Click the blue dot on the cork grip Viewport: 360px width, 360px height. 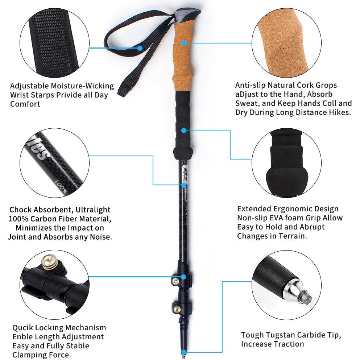[x=184, y=43]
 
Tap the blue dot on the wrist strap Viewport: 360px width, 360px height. [x=140, y=48]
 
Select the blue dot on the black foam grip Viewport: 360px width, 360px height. [x=184, y=131]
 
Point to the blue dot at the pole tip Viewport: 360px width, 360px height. [x=184, y=352]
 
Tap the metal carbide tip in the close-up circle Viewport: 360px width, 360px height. [x=298, y=295]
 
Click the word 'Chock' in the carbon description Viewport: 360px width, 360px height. [x=21, y=210]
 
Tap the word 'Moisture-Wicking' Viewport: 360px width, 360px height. [x=82, y=86]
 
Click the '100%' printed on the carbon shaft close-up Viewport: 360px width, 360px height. [x=61, y=187]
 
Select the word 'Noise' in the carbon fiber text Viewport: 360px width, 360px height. [x=100, y=237]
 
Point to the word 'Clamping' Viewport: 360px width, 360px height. [x=29, y=355]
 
